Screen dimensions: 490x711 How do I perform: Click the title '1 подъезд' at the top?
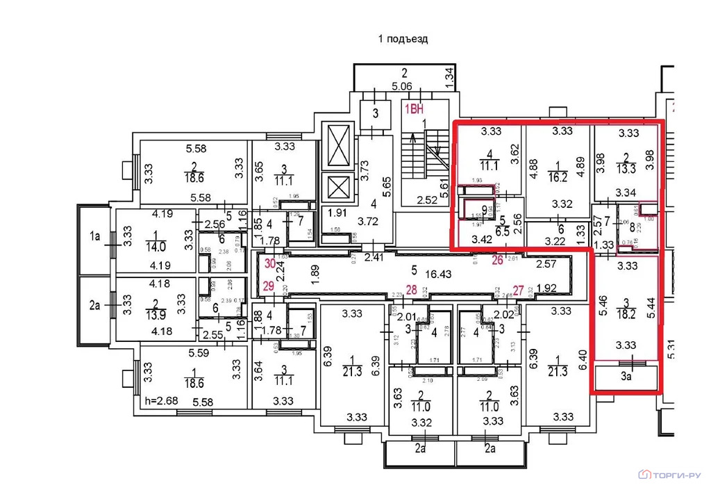(403, 39)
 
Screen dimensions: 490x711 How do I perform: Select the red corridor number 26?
(496, 261)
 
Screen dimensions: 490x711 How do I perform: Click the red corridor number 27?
(517, 291)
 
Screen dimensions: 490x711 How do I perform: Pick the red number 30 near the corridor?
(270, 262)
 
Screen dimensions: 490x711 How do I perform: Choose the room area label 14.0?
(155, 246)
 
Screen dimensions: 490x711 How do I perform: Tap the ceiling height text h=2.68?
(162, 402)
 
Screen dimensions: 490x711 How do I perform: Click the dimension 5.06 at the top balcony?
(402, 87)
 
